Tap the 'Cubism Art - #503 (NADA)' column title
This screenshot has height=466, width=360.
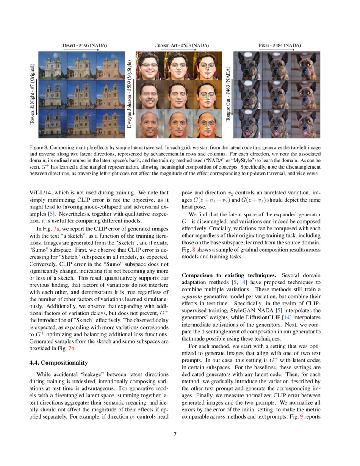tap(181, 45)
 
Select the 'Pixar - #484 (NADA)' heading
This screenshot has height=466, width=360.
tap(280, 45)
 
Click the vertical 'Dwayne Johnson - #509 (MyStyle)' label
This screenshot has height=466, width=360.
tap(130, 94)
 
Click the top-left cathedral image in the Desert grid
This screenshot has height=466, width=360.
tap(53, 66)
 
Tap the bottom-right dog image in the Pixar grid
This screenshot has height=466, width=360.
tap(305, 123)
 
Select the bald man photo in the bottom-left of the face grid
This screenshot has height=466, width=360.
tap(150, 123)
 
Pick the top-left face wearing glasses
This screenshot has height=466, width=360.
tap(150, 66)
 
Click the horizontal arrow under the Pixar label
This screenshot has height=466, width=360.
tap(280, 50)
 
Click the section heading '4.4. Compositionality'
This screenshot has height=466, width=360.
tap(58, 363)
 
